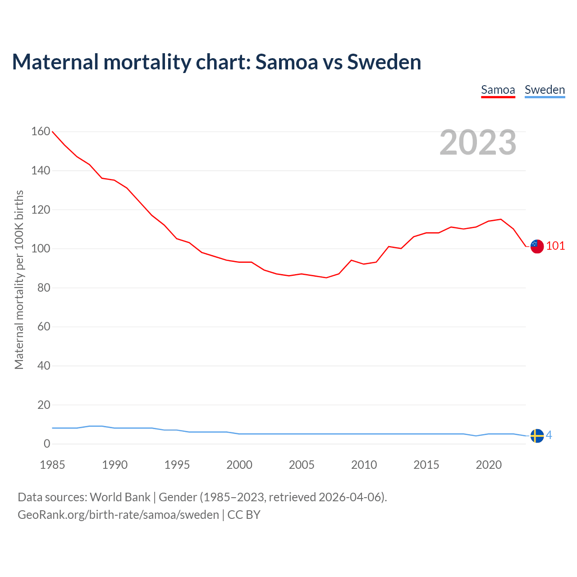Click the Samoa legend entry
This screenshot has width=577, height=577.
pos(498,90)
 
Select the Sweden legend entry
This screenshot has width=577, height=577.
pos(545,90)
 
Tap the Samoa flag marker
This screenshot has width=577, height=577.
pos(537,246)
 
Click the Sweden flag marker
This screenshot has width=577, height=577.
pos(537,436)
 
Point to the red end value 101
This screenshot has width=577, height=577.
pos(555,246)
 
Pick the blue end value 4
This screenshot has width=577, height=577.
pos(549,435)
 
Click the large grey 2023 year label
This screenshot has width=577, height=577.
pos(478,142)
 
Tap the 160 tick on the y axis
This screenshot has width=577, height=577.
pos(41,132)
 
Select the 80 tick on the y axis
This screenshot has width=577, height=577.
pos(44,288)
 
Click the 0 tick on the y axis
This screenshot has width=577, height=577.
pos(47,444)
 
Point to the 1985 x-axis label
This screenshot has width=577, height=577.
pos(52,465)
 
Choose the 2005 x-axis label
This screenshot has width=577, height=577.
pos(302,465)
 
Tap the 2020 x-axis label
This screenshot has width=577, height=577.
pos(489,465)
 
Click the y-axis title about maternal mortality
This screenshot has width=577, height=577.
pos(19,279)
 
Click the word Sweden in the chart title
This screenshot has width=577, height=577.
pos(384,62)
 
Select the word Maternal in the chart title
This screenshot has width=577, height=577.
pos(55,62)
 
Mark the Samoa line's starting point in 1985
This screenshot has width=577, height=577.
pos(53,132)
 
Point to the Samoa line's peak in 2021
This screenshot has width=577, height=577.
pos(501,220)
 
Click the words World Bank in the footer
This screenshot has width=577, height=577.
pos(120,497)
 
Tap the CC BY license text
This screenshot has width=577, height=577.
pos(244,515)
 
